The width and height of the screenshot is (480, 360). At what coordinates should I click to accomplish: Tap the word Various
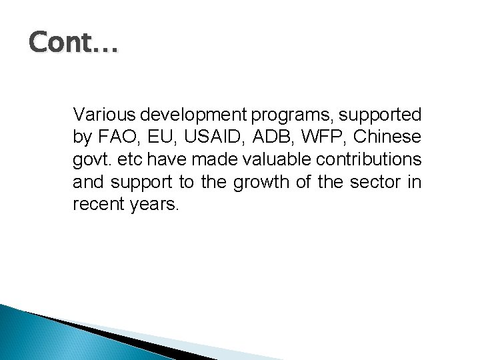(100, 115)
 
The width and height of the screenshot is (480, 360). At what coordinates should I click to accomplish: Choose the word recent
(95, 204)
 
